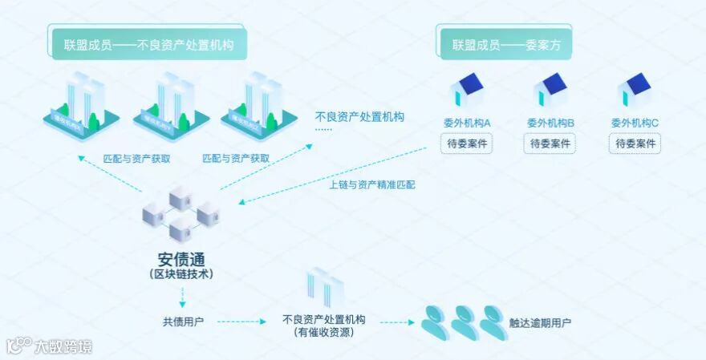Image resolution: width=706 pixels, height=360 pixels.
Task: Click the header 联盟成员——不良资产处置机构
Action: [x=148, y=44]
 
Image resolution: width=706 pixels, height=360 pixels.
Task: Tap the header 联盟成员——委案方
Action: [x=505, y=44]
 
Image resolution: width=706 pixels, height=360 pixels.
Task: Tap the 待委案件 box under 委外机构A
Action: [x=466, y=144]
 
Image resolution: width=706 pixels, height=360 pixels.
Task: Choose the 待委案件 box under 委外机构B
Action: [x=550, y=144]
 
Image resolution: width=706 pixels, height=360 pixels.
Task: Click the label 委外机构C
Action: [x=635, y=123]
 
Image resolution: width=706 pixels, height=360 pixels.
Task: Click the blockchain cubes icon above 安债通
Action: [x=181, y=212]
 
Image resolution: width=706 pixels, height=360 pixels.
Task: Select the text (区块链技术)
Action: [x=181, y=274]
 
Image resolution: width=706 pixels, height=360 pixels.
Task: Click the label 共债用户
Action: [x=183, y=322]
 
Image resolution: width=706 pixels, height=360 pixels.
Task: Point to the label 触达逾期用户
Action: [x=540, y=323]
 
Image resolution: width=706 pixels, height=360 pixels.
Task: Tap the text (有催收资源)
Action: [x=324, y=331]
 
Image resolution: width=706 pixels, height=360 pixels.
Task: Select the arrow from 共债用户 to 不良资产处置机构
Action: [x=241, y=322]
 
